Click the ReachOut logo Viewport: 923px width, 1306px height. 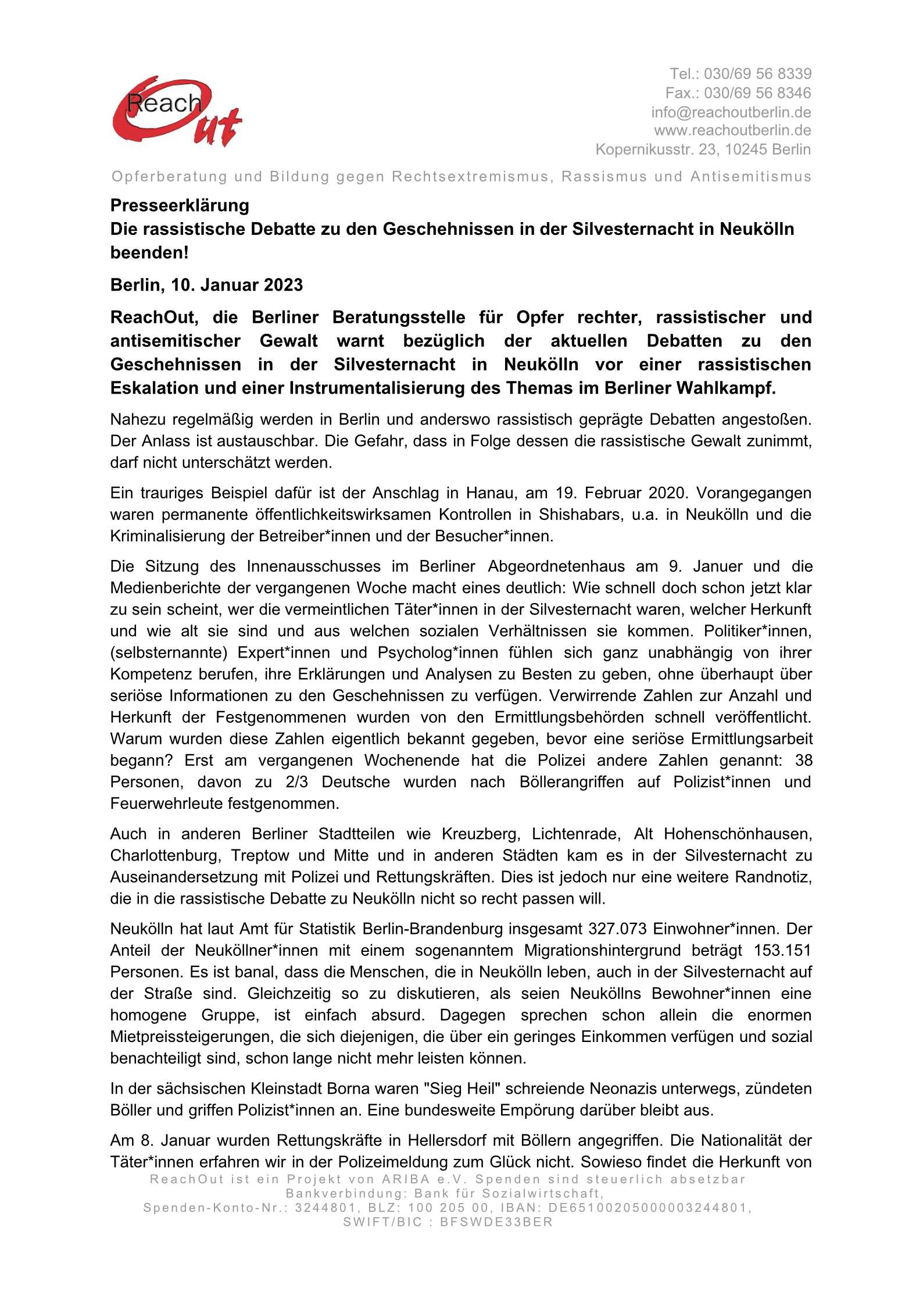tap(177, 111)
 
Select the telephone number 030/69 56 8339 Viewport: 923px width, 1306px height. tap(757, 74)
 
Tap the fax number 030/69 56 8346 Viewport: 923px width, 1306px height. tap(757, 93)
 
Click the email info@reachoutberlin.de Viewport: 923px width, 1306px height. tap(731, 112)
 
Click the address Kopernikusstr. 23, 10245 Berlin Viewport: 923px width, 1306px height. tap(703, 149)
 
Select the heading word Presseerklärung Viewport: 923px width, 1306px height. tap(180, 205)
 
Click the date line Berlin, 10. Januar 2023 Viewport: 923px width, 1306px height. tap(206, 285)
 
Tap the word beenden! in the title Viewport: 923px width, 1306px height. tap(149, 253)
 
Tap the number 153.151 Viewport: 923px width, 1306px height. tap(782, 950)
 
